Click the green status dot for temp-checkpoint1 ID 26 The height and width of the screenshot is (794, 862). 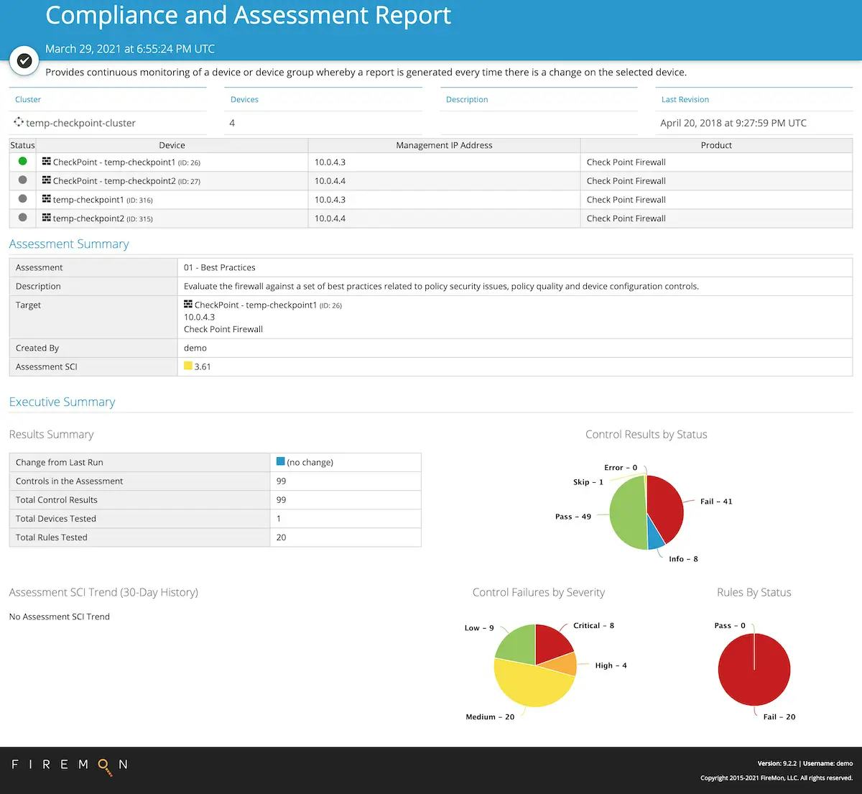click(22, 162)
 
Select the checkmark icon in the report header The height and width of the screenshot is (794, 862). click(24, 61)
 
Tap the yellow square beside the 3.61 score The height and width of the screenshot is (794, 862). click(188, 366)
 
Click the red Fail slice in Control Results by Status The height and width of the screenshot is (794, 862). click(664, 506)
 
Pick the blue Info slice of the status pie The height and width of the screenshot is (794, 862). click(656, 538)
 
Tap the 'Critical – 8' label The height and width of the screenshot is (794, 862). click(593, 625)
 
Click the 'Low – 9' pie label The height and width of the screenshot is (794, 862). click(479, 627)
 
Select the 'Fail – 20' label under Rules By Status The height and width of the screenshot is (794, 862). click(779, 716)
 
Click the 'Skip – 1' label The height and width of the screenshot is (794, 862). click(588, 481)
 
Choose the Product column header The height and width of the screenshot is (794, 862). click(716, 145)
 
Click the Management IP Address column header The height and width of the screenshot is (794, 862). click(444, 145)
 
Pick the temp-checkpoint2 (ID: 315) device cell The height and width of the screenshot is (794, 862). click(102, 218)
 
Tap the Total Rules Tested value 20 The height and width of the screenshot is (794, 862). click(281, 537)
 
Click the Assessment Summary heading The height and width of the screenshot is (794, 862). click(69, 244)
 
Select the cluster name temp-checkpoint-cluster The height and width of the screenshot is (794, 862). click(80, 123)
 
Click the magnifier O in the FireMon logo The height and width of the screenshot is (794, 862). click(105, 767)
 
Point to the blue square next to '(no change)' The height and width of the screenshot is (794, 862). click(280, 461)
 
